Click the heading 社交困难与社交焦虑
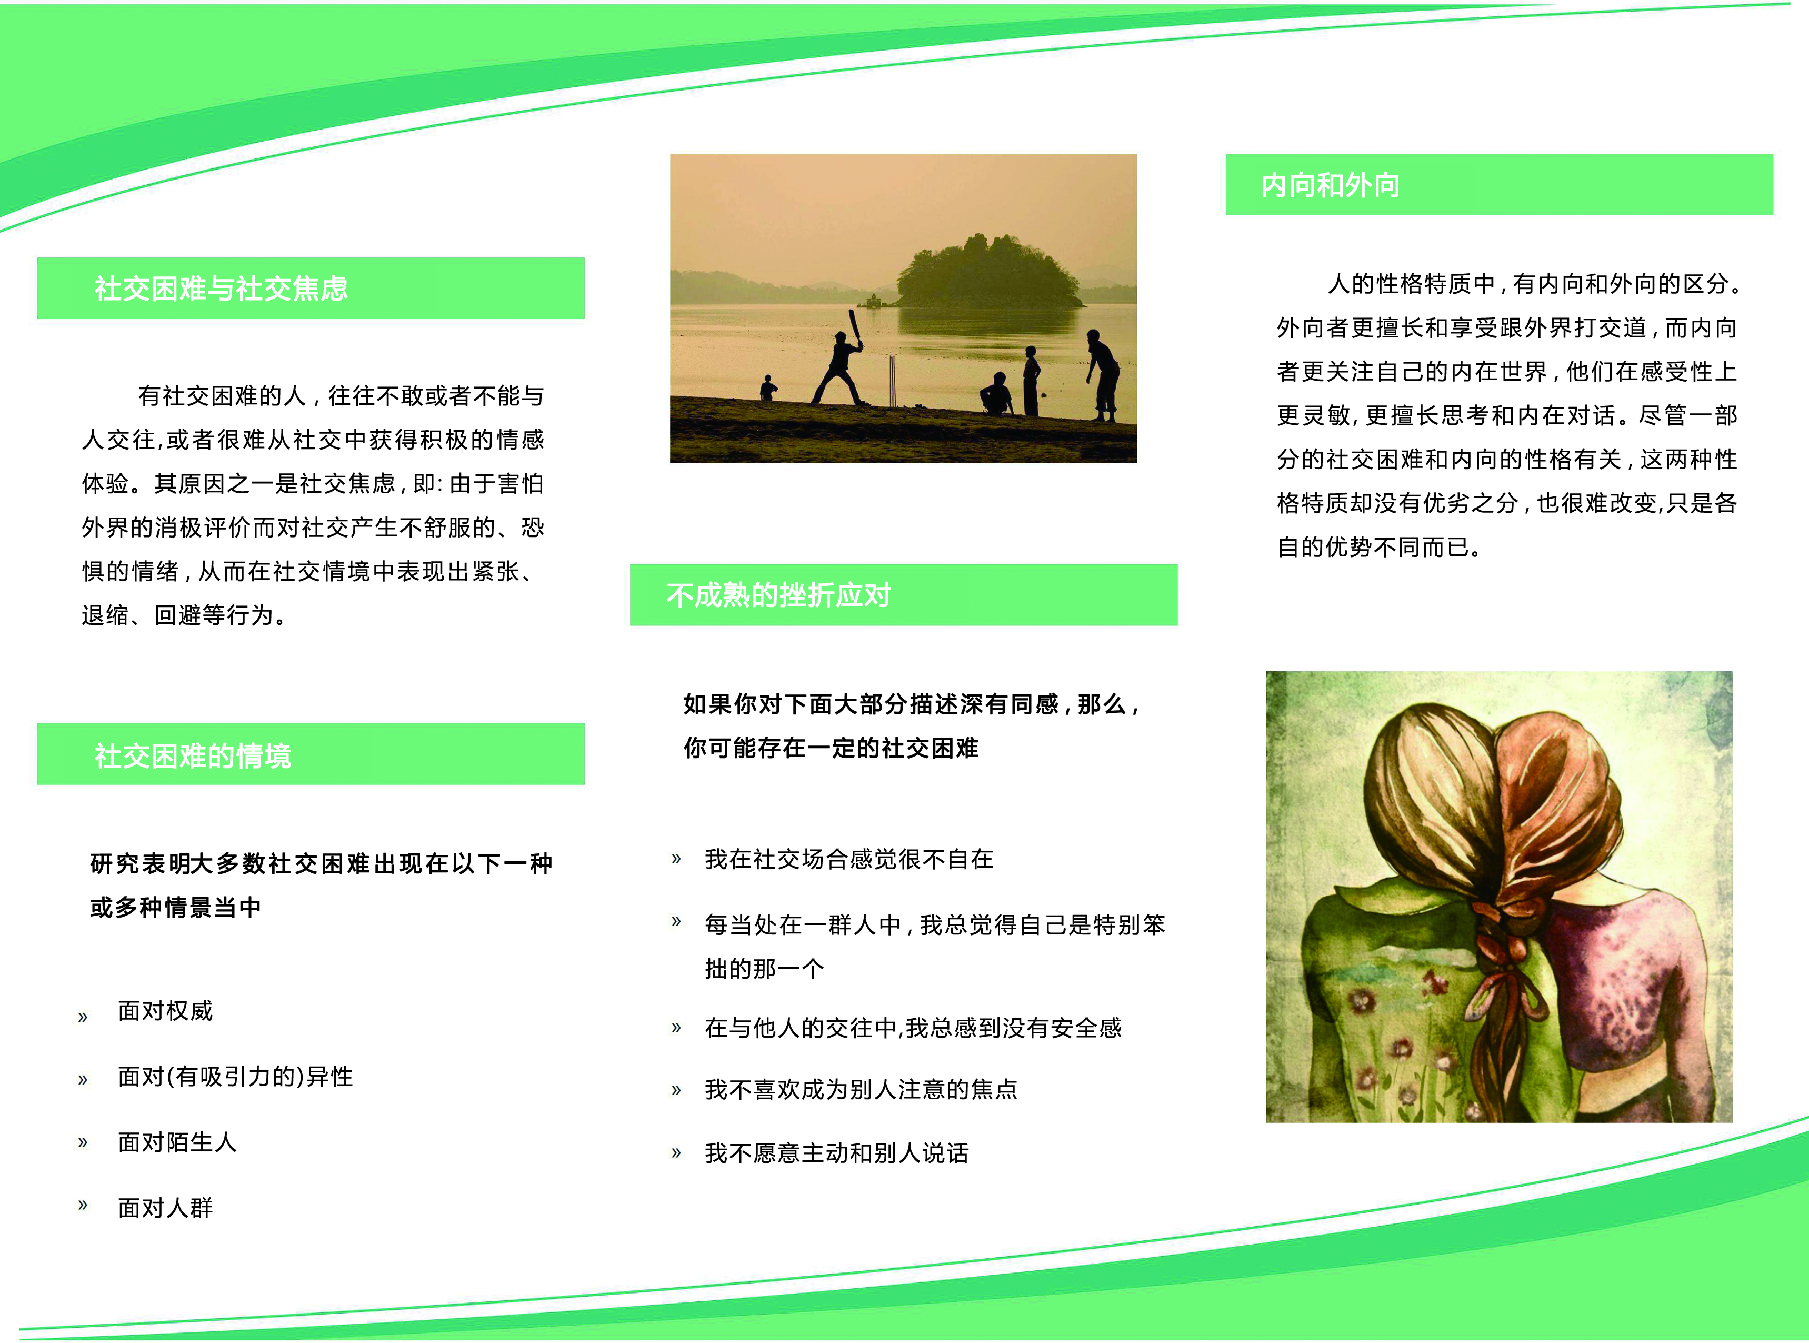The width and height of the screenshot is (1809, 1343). tap(221, 289)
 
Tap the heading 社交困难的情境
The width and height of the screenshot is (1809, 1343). tap(193, 756)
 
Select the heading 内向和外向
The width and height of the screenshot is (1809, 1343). tap(1331, 185)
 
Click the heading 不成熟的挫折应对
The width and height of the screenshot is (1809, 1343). tap(778, 595)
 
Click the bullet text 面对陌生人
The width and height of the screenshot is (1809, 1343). tap(177, 1142)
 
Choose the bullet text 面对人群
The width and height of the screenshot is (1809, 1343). tap(166, 1208)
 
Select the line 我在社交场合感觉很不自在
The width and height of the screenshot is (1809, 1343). tap(849, 859)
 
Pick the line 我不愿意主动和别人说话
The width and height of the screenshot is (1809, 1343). tap(837, 1153)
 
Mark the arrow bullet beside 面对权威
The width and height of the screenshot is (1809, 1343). tap(82, 1016)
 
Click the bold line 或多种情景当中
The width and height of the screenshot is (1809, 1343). tap(176, 907)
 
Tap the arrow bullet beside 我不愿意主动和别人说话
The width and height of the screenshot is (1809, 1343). tap(675, 1153)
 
